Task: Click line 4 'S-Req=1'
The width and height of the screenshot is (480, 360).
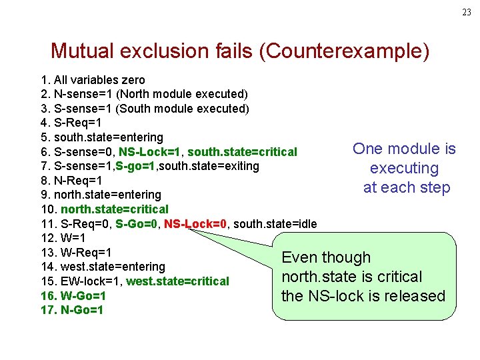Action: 69,123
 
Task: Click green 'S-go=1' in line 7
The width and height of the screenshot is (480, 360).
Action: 138,166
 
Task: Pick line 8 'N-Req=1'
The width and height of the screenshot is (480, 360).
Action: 69,181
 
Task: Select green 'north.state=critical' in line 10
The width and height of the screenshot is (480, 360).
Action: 114,209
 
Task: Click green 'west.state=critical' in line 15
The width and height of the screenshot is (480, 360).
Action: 177,281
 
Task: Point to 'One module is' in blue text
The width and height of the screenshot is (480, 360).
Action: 404,149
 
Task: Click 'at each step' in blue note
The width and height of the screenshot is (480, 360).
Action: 407,187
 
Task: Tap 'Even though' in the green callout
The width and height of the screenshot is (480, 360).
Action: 326,257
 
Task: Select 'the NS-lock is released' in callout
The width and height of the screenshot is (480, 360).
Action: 363,296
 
